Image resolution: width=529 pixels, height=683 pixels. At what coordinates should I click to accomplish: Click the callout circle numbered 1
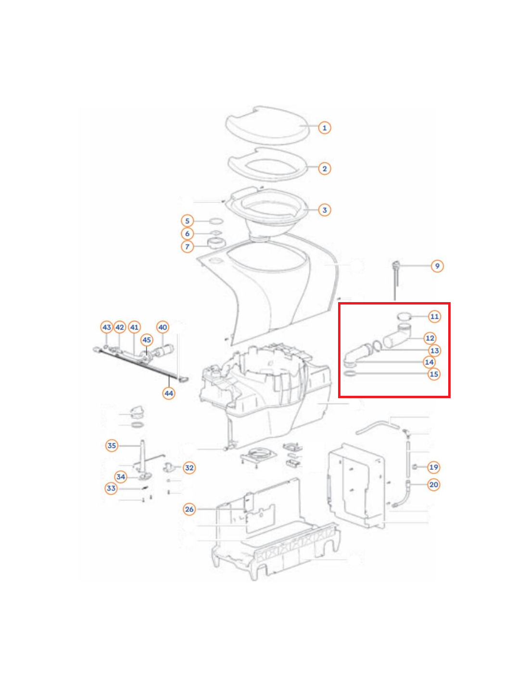pos(325,128)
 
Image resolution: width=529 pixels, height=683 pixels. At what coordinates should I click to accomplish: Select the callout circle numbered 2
pos(325,169)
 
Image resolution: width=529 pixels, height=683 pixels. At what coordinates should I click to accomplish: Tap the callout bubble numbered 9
pos(437,266)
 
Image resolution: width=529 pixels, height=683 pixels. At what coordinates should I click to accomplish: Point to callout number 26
pos(189,509)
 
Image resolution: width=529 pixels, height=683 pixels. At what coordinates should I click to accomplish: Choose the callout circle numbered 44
pos(169,393)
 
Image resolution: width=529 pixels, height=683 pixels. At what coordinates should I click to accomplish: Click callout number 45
pos(147,340)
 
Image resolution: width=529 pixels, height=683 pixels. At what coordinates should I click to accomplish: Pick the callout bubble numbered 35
pos(112,446)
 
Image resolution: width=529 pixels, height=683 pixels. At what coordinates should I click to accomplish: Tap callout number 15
pos(434,374)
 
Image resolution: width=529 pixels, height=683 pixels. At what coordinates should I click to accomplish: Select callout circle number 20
pos(434,485)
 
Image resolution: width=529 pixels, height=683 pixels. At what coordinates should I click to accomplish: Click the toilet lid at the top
pos(267,125)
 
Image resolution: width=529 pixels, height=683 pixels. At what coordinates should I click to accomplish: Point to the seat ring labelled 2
pos(267,165)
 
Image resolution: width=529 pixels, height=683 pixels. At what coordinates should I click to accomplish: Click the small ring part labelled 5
pos(216,221)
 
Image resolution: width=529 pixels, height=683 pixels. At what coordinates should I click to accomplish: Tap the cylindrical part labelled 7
pos(217,244)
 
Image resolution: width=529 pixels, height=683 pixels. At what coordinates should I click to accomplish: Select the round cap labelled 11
pos(404,316)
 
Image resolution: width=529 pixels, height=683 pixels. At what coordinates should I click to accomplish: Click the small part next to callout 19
pos(415,467)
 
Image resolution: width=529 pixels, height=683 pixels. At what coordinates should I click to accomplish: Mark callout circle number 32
pos(189,468)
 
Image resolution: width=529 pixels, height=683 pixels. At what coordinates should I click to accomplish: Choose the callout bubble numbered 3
pos(325,210)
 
